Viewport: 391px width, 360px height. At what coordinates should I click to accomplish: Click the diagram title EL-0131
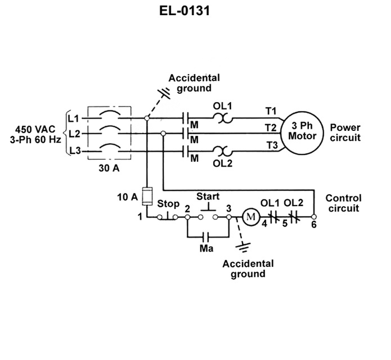185,11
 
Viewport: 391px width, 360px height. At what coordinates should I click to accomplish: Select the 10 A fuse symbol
147,196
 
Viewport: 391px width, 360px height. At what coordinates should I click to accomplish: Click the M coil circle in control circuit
251,217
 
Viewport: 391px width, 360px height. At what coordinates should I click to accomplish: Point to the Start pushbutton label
208,196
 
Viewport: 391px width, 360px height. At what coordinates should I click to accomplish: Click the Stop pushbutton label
168,204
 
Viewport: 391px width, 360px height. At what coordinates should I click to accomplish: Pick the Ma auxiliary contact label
206,249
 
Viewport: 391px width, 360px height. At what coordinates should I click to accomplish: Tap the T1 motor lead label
271,111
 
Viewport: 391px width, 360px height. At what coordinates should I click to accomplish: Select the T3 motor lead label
272,145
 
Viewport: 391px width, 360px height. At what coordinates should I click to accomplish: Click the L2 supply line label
74,134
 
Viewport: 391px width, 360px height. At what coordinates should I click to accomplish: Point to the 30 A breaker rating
109,168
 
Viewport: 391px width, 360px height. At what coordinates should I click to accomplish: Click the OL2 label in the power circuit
222,164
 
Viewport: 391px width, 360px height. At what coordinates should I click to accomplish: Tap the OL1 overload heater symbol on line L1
222,118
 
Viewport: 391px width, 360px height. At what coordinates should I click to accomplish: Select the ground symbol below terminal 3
243,247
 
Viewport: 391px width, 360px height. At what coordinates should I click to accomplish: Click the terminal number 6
314,225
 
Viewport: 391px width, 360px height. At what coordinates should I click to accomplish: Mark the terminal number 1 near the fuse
140,217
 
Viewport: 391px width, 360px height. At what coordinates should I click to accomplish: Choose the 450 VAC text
35,129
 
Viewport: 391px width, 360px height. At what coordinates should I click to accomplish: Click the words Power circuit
346,132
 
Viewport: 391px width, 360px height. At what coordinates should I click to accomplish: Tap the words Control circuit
344,203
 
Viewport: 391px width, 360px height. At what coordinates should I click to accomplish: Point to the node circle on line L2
163,133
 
